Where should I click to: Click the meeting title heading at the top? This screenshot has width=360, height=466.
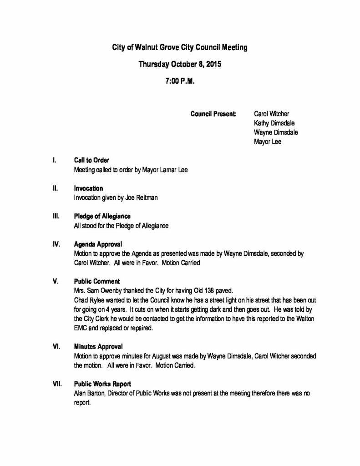coord(180,47)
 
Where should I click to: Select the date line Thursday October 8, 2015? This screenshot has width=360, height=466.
coord(180,65)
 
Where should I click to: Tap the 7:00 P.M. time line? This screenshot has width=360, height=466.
coord(180,82)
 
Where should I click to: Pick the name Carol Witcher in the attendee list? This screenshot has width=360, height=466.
coord(271,113)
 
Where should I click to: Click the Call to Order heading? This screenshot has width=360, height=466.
coord(91,160)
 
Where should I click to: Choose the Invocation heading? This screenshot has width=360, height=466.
coord(88,188)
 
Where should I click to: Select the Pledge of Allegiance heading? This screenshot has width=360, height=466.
coord(102,216)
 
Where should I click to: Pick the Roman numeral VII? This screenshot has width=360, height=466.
coord(57,384)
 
